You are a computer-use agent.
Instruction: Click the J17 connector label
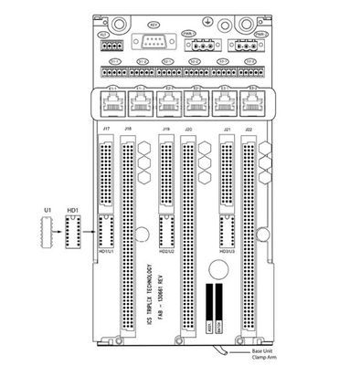coord(107,131)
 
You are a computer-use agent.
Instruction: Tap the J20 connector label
coord(187,131)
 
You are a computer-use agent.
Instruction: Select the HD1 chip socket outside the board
coord(72,235)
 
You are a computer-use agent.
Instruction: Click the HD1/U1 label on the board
coord(108,252)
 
